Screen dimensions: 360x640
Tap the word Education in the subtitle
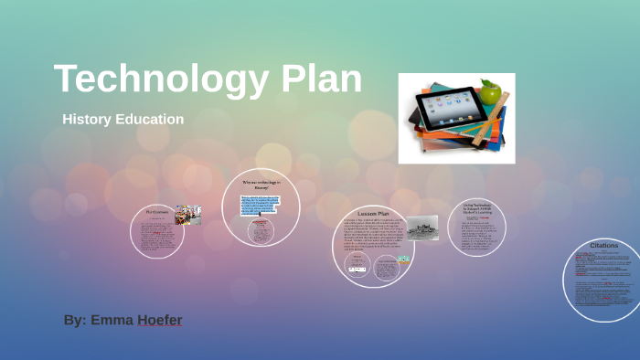[x=150, y=120]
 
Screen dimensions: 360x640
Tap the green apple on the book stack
[x=491, y=92]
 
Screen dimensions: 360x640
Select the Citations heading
[x=603, y=245]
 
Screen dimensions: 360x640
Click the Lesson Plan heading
[x=373, y=213]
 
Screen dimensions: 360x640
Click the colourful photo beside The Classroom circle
[x=188, y=214]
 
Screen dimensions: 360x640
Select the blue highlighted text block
[x=261, y=203]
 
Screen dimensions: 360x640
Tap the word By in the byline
[x=73, y=321]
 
